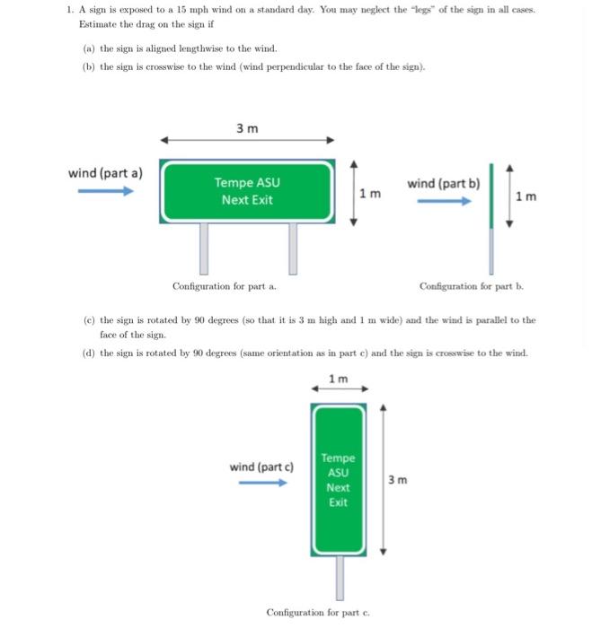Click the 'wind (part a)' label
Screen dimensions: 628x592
click(105, 171)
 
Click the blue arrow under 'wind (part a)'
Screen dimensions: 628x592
click(104, 189)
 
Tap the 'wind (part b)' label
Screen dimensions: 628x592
click(443, 183)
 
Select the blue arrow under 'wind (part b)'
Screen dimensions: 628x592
click(442, 201)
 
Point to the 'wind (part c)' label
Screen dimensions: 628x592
click(261, 467)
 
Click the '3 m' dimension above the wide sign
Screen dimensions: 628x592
click(247, 128)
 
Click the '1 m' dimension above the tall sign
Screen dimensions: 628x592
click(338, 378)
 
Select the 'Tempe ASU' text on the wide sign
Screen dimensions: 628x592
click(247, 182)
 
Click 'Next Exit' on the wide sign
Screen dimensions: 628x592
click(247, 199)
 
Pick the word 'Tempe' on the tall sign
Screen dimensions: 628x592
click(338, 458)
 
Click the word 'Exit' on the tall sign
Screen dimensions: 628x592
click(338, 502)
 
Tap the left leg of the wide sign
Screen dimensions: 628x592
click(204, 248)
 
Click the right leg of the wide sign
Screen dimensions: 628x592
click(292, 248)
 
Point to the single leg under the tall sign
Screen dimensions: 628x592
click(340, 578)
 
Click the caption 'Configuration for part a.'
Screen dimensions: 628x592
click(224, 286)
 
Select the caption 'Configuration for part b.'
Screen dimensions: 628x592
click(472, 286)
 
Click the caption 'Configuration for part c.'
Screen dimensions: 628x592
click(318, 612)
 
